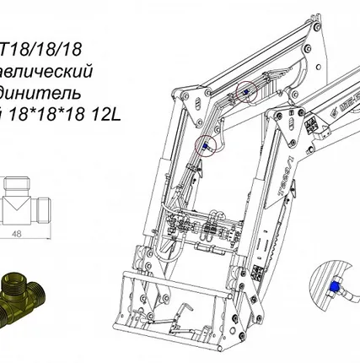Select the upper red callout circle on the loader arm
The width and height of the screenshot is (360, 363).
click(x=245, y=92)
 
